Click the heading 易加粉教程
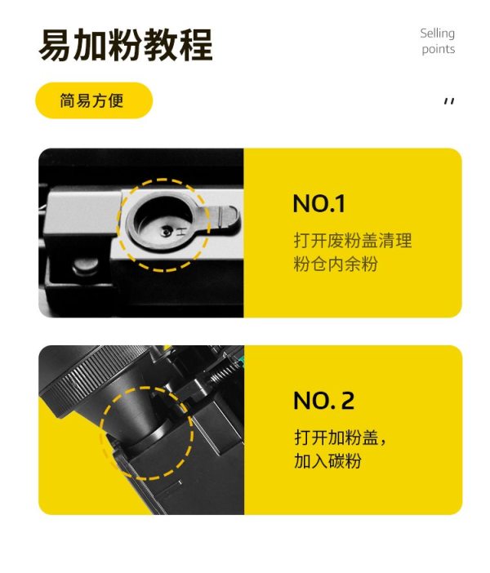coord(126,46)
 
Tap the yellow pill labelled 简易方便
coord(94,100)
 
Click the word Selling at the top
coord(438,33)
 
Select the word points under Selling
coord(439,49)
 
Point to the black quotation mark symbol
coord(449,101)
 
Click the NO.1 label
coord(318,203)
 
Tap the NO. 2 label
coord(324,401)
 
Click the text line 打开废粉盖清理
coord(353,241)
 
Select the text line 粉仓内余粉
coord(336,264)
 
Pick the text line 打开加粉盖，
coord(340,437)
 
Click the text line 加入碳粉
coord(327,460)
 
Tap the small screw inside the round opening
coord(167,231)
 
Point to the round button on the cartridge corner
coord(87,267)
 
